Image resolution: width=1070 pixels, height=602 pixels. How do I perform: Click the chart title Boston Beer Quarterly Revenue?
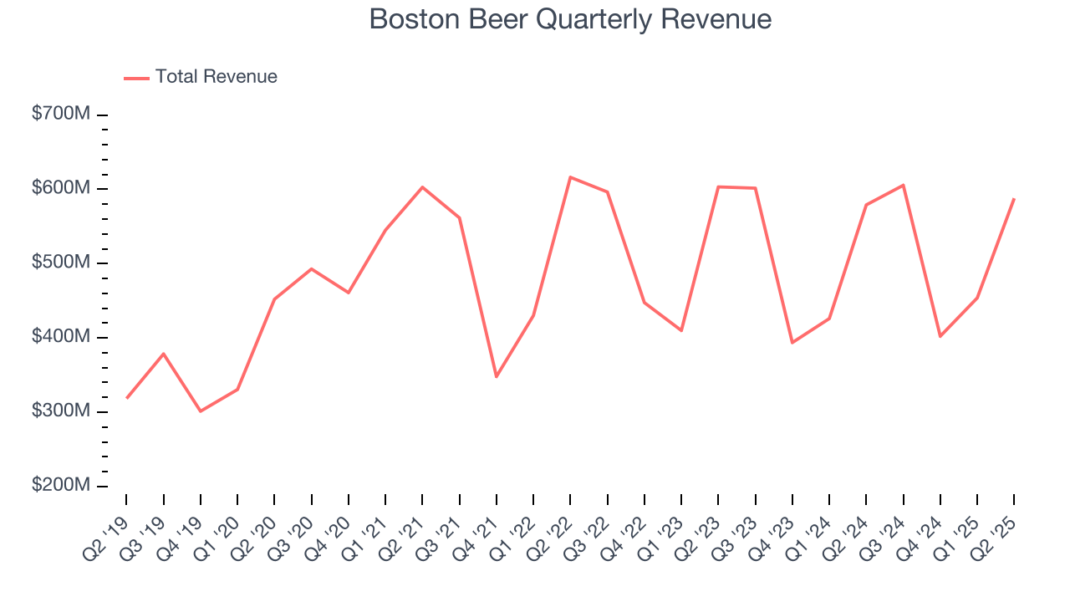[570, 19]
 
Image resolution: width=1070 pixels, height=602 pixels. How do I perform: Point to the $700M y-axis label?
[60, 115]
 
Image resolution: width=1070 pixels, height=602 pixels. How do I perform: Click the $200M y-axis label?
[60, 486]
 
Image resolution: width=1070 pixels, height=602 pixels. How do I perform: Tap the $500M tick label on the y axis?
[60, 263]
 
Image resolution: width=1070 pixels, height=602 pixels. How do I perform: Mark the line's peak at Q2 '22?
[570, 177]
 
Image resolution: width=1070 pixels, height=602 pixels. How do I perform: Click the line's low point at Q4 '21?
[497, 376]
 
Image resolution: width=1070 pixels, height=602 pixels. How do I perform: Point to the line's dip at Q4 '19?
[201, 411]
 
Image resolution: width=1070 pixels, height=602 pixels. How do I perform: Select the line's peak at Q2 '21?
[422, 187]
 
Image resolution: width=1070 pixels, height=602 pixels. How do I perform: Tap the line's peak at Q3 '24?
[904, 185]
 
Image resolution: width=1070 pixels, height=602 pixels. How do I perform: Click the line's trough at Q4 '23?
[792, 343]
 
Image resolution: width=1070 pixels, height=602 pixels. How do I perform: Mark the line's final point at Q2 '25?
[1014, 199]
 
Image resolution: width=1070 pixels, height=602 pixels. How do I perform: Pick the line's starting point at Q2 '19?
[127, 398]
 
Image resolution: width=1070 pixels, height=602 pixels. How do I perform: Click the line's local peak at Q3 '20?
[312, 269]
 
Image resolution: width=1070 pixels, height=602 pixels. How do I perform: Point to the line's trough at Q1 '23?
[681, 330]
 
